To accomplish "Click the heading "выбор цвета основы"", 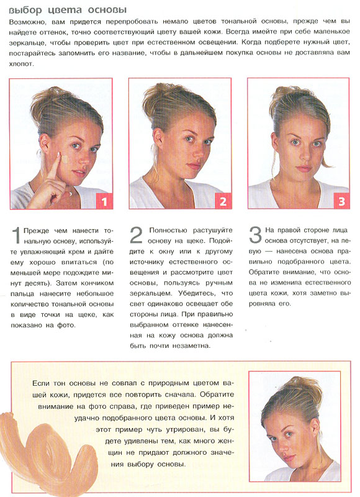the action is point(68,10).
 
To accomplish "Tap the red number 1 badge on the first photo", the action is point(104,201).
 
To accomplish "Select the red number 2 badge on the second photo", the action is point(223,201).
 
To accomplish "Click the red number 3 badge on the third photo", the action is point(341,201).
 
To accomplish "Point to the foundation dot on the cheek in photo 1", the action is point(65,159).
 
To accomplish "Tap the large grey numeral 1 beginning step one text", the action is point(16,236).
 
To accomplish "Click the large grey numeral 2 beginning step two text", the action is point(136,235).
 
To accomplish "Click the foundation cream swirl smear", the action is point(48,450).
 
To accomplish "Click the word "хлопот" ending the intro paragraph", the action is point(20,64).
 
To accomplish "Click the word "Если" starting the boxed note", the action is point(41,383).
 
